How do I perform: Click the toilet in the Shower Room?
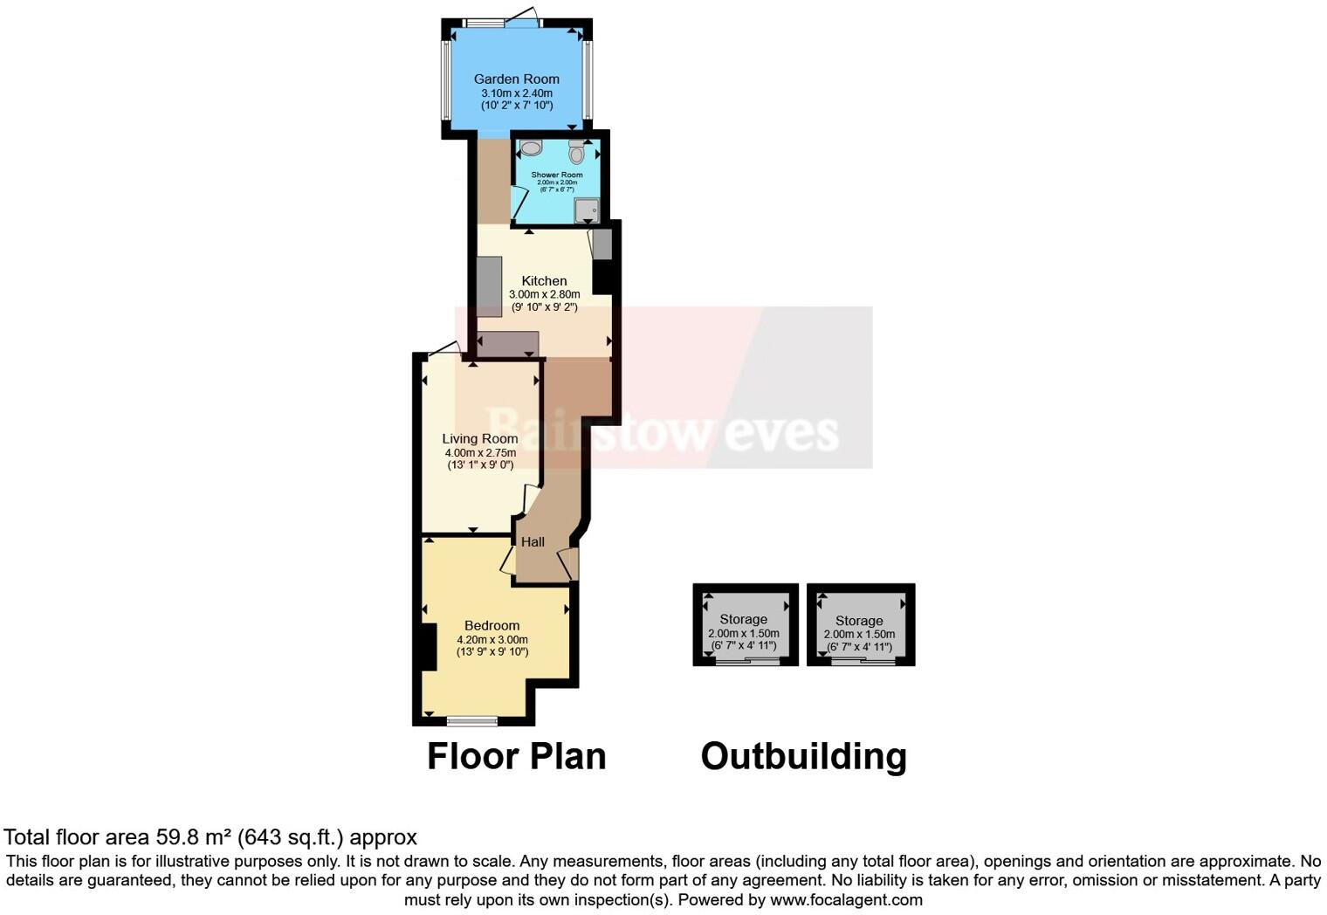(576, 152)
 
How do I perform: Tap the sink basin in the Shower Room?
(531, 148)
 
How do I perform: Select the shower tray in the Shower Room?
(587, 210)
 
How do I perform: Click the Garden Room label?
(517, 79)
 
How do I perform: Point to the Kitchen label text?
(544, 281)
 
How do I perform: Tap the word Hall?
(533, 541)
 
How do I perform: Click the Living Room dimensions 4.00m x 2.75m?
(480, 453)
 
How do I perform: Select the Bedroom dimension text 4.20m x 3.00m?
(492, 639)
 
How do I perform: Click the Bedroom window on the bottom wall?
(471, 721)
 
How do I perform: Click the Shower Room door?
(519, 202)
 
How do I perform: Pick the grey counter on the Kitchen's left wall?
(489, 286)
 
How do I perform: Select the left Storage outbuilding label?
(743, 619)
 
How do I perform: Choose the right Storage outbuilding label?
(859, 621)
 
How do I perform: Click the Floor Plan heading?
(516, 756)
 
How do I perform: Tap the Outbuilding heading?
(803, 756)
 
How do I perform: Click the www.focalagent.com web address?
(843, 899)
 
